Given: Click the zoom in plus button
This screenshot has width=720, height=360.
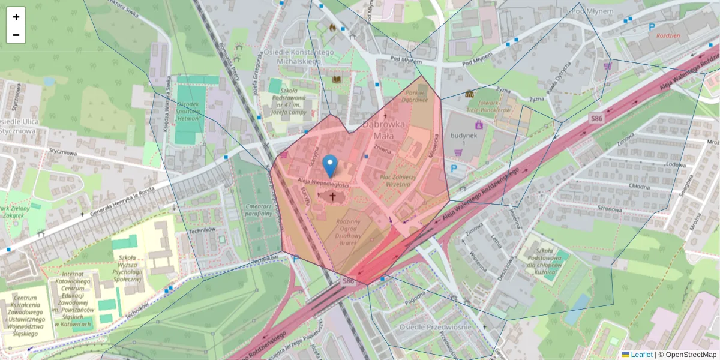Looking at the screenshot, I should click(16, 17).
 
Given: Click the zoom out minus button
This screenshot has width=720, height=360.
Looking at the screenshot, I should click(16, 35).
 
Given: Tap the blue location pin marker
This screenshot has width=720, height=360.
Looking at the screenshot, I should click(329, 166).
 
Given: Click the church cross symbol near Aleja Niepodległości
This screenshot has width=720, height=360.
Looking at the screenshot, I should click(331, 196).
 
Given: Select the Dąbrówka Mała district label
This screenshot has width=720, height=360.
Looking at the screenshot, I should click(384, 130).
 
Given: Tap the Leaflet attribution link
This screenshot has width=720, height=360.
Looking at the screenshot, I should click(641, 355).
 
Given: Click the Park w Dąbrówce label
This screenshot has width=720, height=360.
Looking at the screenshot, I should click(416, 97).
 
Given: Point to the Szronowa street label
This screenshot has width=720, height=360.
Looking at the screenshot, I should click(608, 209).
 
